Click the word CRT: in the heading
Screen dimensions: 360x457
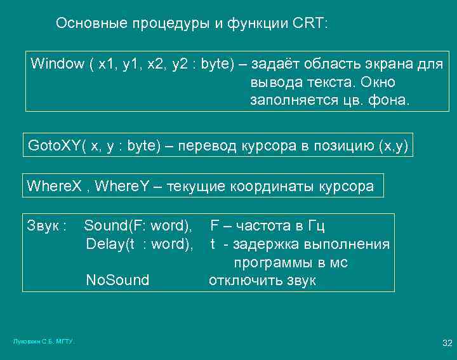[x=311, y=24]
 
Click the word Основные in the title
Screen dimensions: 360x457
[x=92, y=24]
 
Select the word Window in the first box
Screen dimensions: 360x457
[x=57, y=64]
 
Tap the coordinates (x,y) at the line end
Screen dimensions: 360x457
[x=392, y=146]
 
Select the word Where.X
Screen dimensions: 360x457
[x=55, y=187]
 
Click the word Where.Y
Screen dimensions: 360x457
[x=125, y=187]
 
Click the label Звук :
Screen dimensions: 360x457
[x=47, y=225]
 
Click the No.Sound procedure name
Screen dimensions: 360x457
[x=117, y=281]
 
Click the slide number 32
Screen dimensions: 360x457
[x=447, y=343]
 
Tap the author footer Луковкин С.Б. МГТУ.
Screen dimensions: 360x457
[x=44, y=342]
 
